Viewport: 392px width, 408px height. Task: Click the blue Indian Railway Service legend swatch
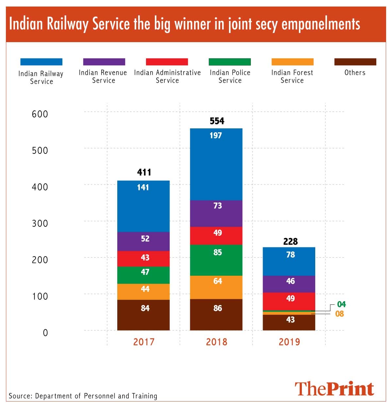pyautogui.click(x=41, y=62)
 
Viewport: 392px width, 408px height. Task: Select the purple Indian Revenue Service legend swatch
pyautogui.click(x=104, y=62)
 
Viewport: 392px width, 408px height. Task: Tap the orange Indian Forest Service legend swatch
pyautogui.click(x=292, y=62)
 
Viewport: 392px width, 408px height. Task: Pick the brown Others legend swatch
pyautogui.click(x=355, y=62)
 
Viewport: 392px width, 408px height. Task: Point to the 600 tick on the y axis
pyautogui.click(x=40, y=114)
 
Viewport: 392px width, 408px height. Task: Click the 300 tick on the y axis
pyautogui.click(x=40, y=223)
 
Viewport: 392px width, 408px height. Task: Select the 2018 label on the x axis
pyautogui.click(x=216, y=342)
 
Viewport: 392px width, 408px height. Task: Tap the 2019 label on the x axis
pyautogui.click(x=289, y=342)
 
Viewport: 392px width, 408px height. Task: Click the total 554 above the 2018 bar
pyautogui.click(x=217, y=121)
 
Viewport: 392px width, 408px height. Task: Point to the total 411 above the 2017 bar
pyautogui.click(x=144, y=172)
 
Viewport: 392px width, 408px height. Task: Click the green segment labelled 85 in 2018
pyautogui.click(x=216, y=260)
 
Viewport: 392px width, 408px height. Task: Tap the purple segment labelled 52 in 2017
pyautogui.click(x=143, y=241)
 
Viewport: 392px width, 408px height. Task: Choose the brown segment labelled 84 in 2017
pyautogui.click(x=143, y=315)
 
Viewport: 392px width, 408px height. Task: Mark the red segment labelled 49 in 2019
pyautogui.click(x=289, y=301)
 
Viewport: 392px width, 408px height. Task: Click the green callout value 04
pyautogui.click(x=341, y=304)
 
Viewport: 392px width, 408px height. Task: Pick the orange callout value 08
pyautogui.click(x=340, y=314)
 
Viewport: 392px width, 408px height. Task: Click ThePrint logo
pyautogui.click(x=334, y=389)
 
